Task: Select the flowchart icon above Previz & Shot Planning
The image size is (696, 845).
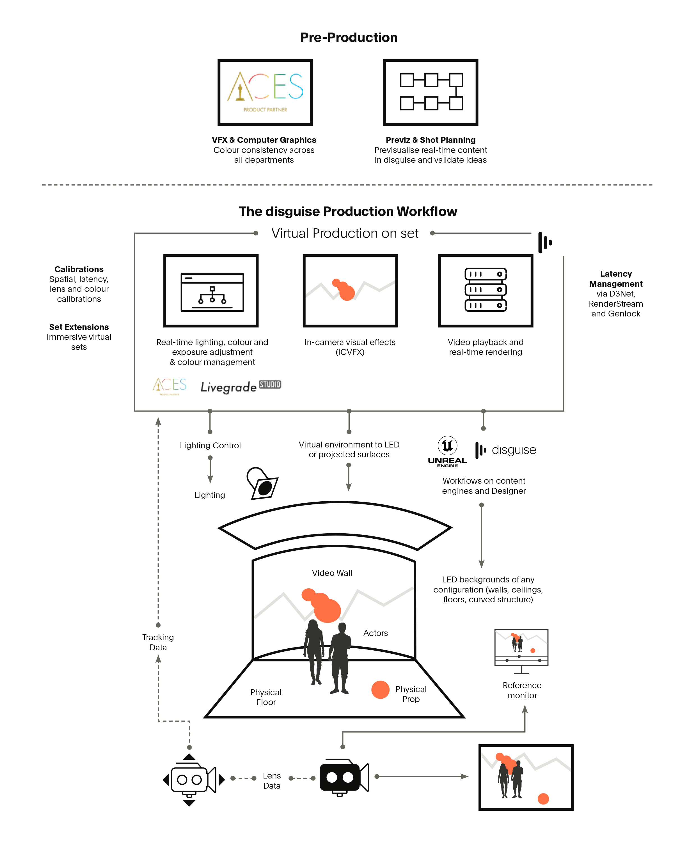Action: [x=431, y=92]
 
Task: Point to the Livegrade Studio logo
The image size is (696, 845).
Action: [x=241, y=386]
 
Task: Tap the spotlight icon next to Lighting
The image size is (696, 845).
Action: [x=262, y=483]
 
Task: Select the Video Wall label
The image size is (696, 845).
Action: [x=332, y=573]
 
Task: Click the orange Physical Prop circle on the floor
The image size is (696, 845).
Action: [x=380, y=690]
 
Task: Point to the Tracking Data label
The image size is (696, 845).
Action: [x=158, y=642]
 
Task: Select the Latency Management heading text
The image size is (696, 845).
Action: [x=615, y=279]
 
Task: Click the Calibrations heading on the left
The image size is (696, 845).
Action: [x=79, y=269]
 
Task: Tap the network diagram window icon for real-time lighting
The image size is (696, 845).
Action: [x=212, y=292]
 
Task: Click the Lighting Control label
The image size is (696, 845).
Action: [x=210, y=445]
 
